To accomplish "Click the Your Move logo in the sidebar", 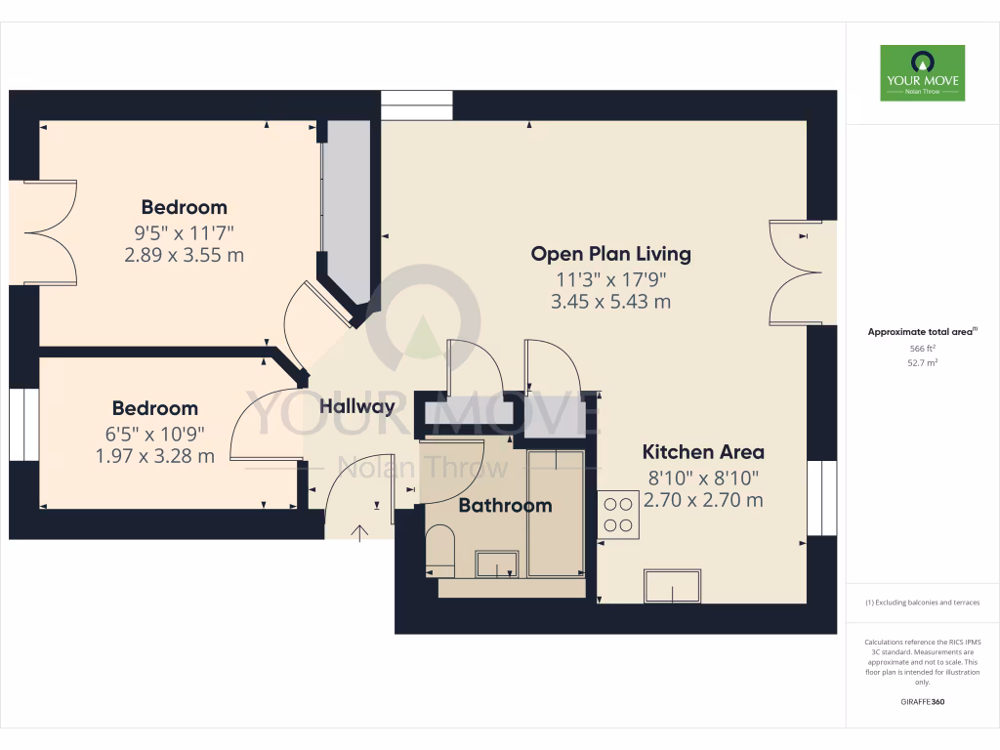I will coord(922,73).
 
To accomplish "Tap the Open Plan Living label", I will coord(610,254).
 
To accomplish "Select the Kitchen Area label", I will coord(702,452).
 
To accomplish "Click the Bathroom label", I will coord(505,505).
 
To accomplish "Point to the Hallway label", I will coord(357,407).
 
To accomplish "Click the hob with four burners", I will coord(618,515).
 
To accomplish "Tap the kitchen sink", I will coord(672,586).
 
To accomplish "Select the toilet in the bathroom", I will coord(440,548).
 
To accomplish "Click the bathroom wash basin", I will coord(498,563).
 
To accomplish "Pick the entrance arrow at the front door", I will coord(358,531).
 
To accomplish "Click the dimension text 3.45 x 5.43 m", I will coord(610,302).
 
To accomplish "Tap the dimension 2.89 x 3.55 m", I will coord(184,256).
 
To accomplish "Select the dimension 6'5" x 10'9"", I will coord(154,433).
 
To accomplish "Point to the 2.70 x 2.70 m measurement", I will coord(702,501).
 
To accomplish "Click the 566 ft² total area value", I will coord(922,348).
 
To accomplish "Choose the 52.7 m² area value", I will coord(922,362).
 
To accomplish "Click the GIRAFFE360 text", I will coord(922,701).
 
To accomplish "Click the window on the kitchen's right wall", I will coord(822,498).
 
